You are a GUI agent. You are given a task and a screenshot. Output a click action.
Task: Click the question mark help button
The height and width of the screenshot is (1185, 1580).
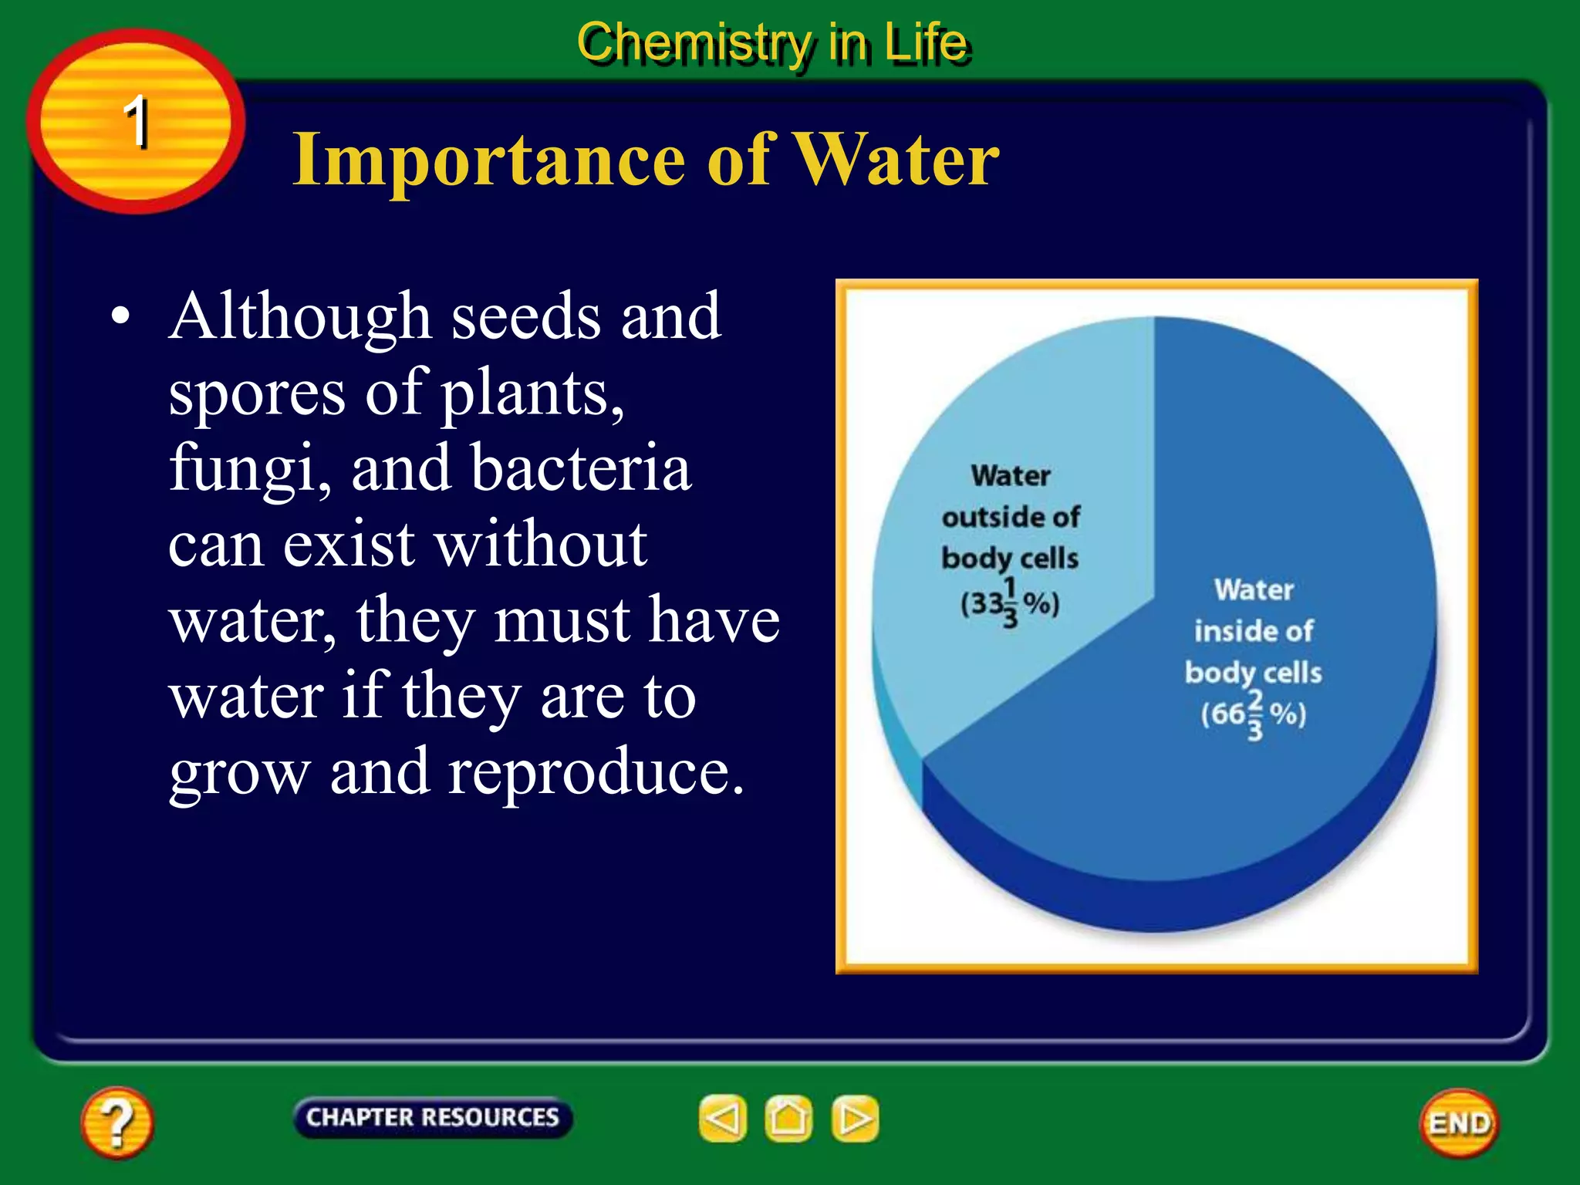116,1122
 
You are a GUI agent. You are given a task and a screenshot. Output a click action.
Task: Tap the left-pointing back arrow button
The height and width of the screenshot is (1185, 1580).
723,1119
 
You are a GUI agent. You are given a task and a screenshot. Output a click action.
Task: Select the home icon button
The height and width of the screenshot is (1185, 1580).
788,1119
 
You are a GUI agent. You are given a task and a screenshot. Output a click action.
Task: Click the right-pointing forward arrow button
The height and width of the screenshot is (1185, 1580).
855,1119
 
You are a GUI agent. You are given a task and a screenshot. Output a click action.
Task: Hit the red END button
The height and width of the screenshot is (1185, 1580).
1459,1123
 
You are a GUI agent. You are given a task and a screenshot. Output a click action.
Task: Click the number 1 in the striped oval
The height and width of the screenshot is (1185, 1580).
137,121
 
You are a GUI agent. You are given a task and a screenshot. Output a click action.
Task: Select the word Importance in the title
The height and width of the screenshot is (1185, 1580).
488,159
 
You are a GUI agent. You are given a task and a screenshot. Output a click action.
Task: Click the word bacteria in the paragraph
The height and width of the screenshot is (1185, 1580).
581,468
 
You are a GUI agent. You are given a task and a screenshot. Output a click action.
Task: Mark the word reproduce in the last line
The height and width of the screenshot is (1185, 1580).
596,771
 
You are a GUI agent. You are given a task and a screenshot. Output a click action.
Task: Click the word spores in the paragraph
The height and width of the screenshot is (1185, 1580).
257,393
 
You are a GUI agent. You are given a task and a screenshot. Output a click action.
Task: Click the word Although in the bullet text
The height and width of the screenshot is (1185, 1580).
300,316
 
